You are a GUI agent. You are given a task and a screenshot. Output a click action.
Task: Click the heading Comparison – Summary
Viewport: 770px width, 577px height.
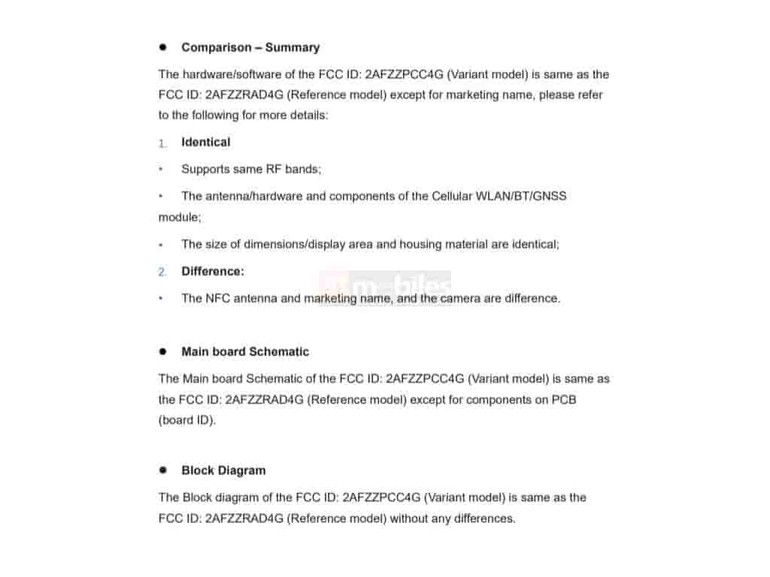tap(250, 47)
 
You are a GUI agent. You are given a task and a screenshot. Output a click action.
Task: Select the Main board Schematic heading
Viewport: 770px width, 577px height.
tap(245, 352)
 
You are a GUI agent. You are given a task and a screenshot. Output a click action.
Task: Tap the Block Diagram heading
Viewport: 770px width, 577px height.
tap(223, 470)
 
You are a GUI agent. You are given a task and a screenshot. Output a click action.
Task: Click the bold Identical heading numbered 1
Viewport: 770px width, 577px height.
tap(205, 142)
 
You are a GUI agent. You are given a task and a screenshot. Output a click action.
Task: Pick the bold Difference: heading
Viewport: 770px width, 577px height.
tap(213, 271)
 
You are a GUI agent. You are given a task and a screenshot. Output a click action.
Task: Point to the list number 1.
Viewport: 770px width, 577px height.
tap(162, 143)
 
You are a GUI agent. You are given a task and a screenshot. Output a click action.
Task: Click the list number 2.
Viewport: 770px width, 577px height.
tap(162, 272)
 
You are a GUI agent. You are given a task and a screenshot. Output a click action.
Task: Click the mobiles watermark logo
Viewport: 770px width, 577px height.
tap(385, 287)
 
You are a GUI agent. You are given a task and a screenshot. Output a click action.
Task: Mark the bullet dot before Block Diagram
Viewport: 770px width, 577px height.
tap(162, 470)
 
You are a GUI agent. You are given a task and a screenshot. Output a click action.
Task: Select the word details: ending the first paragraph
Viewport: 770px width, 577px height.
tap(308, 116)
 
